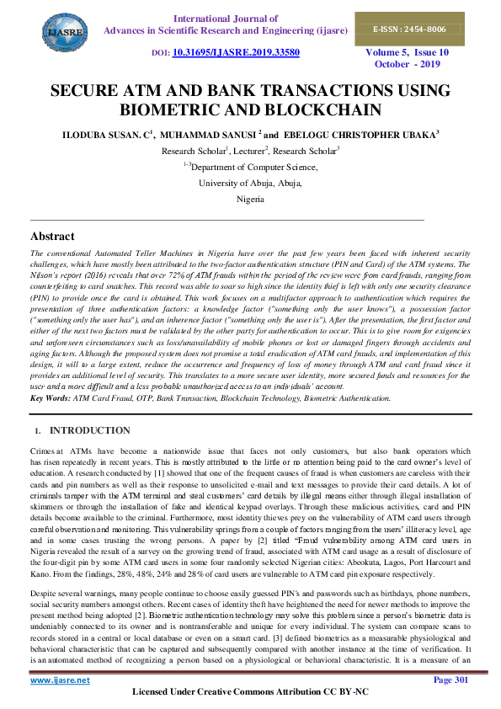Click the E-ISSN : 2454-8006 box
412,29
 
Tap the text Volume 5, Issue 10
407,51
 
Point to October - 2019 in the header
407,64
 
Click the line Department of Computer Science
255,168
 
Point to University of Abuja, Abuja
250,184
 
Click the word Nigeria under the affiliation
250,200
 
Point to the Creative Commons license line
250,693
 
